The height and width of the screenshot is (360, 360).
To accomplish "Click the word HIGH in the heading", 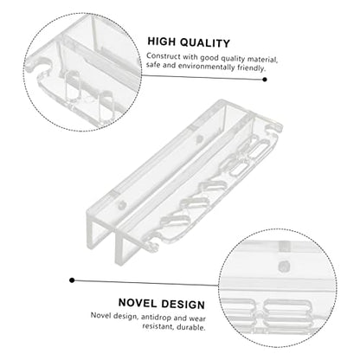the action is (x=161, y=42).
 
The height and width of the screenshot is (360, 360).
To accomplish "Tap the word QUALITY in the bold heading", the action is (x=205, y=43).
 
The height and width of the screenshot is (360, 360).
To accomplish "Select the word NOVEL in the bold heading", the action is (x=138, y=303).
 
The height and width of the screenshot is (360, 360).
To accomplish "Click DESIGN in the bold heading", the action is (x=183, y=305).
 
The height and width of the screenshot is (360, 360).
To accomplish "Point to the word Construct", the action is (x=164, y=56).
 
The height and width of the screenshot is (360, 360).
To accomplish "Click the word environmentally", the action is (x=207, y=67).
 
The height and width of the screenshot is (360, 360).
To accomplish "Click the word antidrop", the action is (x=156, y=317).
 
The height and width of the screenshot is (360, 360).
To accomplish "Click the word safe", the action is (x=153, y=65).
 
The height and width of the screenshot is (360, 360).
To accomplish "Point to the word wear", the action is (x=197, y=318).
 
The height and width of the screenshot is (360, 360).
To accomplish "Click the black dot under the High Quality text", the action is (x=265, y=80).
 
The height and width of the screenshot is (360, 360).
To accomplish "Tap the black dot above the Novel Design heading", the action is (x=72, y=280).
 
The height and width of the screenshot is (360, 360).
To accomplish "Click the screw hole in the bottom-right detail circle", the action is (x=285, y=266).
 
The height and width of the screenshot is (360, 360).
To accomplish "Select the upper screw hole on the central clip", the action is (x=199, y=139).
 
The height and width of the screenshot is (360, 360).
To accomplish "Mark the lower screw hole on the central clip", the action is (x=122, y=205).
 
